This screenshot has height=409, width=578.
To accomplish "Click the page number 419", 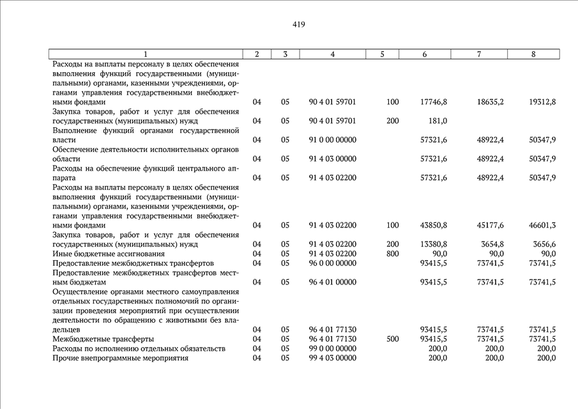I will (299, 25).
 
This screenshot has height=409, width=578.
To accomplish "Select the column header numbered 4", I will (333, 54).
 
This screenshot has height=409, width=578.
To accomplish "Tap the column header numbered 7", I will (479, 54).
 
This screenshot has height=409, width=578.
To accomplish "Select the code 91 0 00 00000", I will (332, 139).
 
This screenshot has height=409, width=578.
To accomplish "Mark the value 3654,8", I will (491, 244).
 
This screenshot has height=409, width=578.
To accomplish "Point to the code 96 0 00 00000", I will (332, 263).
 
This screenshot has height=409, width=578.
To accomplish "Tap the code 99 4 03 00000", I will (332, 358).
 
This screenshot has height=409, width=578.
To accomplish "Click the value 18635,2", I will (490, 102).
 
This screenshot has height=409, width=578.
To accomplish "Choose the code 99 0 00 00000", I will (332, 348).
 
